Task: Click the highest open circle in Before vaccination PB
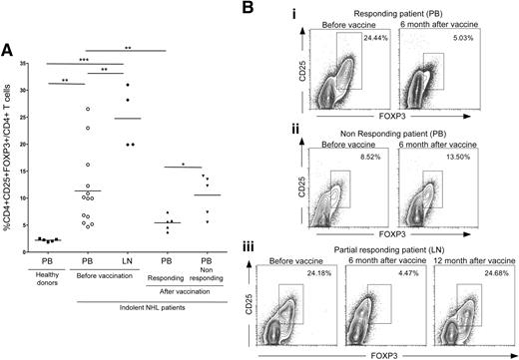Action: click(88, 109)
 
